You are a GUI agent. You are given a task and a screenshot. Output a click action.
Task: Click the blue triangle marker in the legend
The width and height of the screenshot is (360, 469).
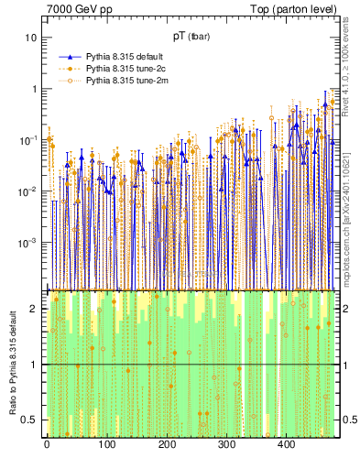pos(69,56)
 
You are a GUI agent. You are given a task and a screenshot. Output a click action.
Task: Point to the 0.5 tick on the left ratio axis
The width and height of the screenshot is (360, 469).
pos(31,420)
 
